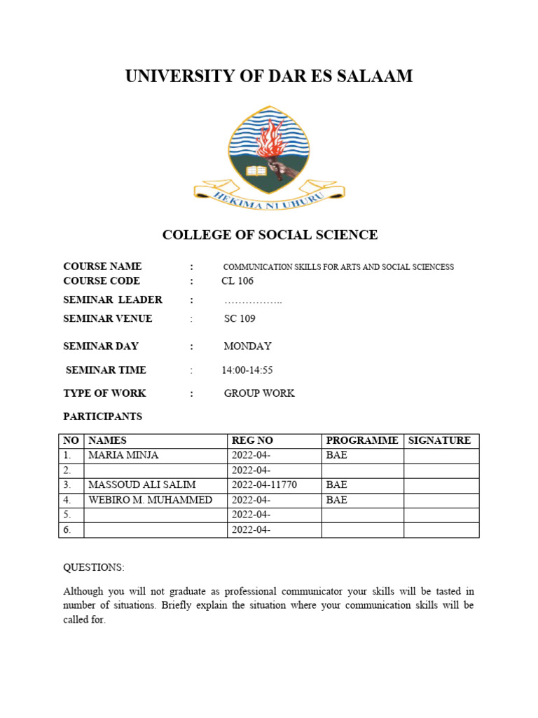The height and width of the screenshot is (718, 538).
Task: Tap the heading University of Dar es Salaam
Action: pyautogui.click(x=269, y=76)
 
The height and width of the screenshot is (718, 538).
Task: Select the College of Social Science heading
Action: pyautogui.click(x=270, y=235)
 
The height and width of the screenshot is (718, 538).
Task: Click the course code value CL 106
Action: pyautogui.click(x=237, y=281)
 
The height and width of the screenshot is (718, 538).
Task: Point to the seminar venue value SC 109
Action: pyautogui.click(x=240, y=319)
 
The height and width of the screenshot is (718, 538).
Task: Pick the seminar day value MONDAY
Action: pyautogui.click(x=247, y=346)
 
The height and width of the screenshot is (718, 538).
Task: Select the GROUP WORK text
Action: pyautogui.click(x=259, y=393)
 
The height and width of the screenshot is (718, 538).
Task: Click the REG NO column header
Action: pyautogui.click(x=252, y=441)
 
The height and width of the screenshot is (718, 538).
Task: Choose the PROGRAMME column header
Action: pyautogui.click(x=362, y=441)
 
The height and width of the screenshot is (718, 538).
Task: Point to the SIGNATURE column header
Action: pyautogui.click(x=439, y=441)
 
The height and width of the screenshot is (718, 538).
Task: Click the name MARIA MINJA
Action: pyautogui.click(x=123, y=456)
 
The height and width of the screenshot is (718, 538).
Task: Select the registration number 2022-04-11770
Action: pyautogui.click(x=265, y=485)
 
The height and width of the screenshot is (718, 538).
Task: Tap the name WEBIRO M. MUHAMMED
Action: pyautogui.click(x=150, y=500)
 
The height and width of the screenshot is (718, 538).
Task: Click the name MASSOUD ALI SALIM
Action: pyautogui.click(x=142, y=485)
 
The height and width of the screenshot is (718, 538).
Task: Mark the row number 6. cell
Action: pyautogui.click(x=71, y=530)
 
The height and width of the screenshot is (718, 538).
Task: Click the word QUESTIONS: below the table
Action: pyautogui.click(x=94, y=567)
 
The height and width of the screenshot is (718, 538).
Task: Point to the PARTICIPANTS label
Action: pyautogui.click(x=102, y=416)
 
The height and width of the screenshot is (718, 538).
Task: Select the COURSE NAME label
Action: pyautogui.click(x=102, y=266)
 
